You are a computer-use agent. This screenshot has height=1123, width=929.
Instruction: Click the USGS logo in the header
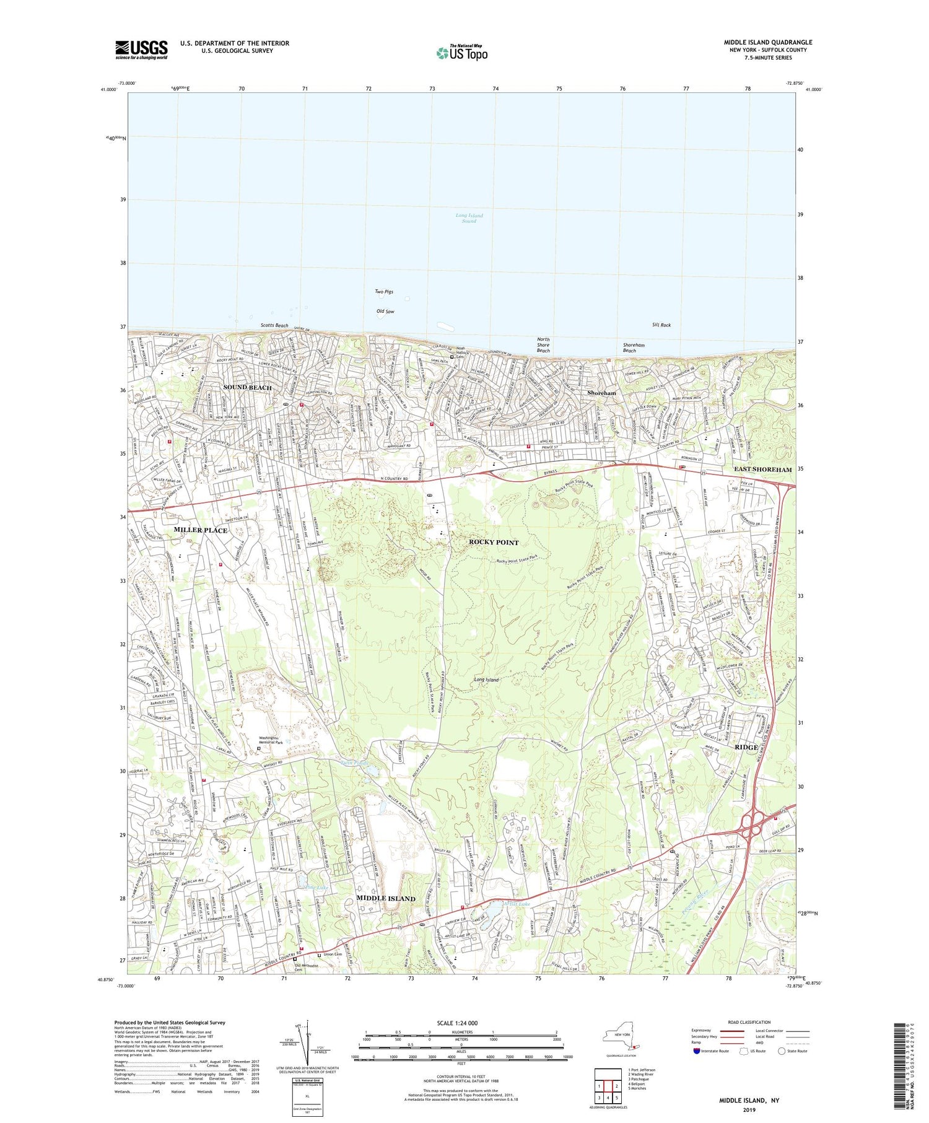pyautogui.click(x=141, y=50)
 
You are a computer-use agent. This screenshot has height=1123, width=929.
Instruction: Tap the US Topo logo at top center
pyautogui.click(x=461, y=53)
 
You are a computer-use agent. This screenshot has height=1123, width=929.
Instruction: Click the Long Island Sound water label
pyautogui.click(x=469, y=218)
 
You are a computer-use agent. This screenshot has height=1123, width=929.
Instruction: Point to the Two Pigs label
pyautogui.click(x=384, y=292)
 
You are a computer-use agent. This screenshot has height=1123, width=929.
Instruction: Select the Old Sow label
pyautogui.click(x=385, y=312)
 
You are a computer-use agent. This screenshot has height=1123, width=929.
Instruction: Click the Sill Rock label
pyautogui.click(x=661, y=325)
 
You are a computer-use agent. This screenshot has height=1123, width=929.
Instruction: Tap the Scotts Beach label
pyautogui.click(x=274, y=325)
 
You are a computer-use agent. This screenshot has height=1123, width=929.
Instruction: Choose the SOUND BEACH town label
pyautogui.click(x=247, y=387)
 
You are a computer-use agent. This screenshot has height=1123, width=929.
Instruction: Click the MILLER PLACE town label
pyautogui.click(x=200, y=530)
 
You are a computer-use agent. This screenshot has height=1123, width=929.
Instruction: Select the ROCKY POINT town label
pyautogui.click(x=494, y=542)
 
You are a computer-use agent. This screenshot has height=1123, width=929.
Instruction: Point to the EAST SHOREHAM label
pyautogui.click(x=763, y=470)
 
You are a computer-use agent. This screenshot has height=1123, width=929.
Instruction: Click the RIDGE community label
pyautogui.click(x=746, y=747)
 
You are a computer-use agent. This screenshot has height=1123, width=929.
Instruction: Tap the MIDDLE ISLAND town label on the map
pyautogui.click(x=386, y=898)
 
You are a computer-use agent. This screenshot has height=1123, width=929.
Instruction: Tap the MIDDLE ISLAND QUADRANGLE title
pyautogui.click(x=768, y=42)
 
